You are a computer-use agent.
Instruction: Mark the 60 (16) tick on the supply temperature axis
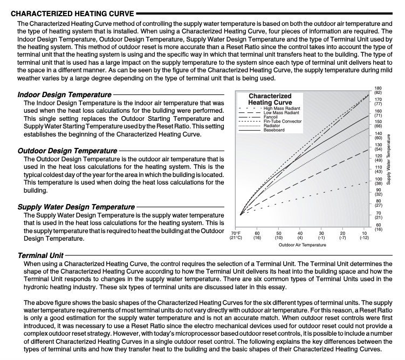377,227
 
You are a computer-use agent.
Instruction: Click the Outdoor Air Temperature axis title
302,245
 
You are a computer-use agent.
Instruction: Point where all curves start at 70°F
241,214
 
